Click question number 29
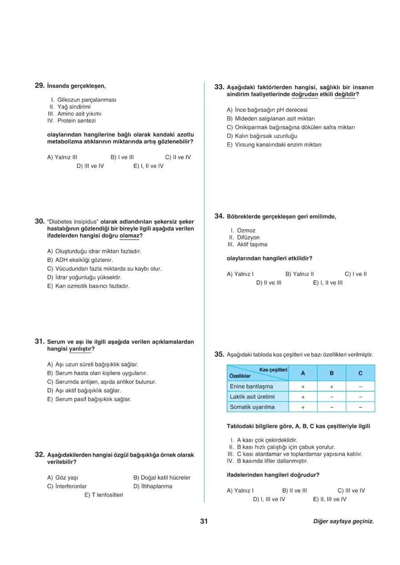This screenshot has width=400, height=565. click(39, 85)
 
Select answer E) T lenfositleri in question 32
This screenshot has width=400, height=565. click(104, 494)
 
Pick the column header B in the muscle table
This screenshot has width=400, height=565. click(331, 373)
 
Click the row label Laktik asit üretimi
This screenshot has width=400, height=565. click(252, 397)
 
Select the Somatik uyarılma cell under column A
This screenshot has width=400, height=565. click(302, 407)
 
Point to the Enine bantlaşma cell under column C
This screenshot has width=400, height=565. click(360, 386)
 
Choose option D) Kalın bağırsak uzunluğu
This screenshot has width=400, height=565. click(262, 136)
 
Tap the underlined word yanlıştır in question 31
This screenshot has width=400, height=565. click(80, 349)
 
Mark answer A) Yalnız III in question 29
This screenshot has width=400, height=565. click(62, 157)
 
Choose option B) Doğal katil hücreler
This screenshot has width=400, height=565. click(162, 478)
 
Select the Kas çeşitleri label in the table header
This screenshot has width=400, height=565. click(273, 370)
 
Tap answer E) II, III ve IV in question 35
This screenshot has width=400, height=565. click(330, 499)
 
